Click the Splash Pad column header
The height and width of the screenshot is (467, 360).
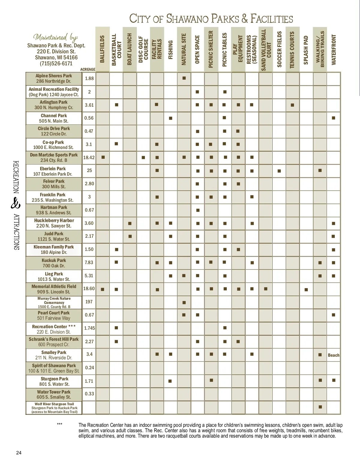306,50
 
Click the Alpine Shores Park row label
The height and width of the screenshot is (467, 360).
54,79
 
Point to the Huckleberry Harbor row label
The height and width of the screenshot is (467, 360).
54,223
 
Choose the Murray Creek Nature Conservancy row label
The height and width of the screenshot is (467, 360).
54,302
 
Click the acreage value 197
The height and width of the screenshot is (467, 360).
89,302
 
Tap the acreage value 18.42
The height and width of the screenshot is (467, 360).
89,157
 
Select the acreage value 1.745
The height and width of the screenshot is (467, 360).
89,328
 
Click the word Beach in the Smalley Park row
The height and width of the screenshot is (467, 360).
334,355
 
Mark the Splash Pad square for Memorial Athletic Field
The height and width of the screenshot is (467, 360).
306,290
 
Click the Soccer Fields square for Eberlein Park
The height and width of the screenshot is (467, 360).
279,171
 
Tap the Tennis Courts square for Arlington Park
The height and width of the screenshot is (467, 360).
292,105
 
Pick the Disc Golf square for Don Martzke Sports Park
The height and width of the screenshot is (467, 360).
143,157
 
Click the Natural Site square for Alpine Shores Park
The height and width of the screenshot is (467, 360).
184,78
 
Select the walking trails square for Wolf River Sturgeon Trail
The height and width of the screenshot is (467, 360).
320,407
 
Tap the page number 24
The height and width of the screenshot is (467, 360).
19,453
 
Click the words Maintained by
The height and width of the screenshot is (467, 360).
56,37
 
